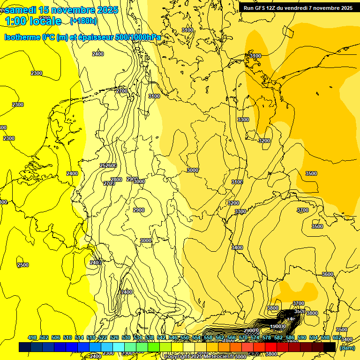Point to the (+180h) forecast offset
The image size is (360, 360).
[83, 21]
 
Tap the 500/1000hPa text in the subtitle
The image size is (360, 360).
[138, 37]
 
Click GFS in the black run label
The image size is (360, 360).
[262, 8]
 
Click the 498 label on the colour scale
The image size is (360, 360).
[32, 337]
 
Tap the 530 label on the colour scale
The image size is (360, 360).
[126, 337]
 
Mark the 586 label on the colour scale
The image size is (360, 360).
[290, 337]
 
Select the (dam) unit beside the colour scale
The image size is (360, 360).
[347, 347]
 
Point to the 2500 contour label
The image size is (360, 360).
[22, 265]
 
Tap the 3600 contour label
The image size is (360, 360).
[328, 274]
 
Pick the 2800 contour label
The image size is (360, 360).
[116, 180]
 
